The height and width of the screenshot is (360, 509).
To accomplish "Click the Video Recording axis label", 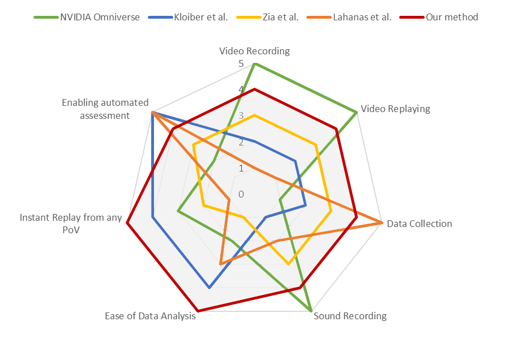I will (254, 51).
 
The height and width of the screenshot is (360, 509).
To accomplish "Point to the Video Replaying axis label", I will (395, 109).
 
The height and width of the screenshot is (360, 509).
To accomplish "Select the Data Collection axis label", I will (419, 224).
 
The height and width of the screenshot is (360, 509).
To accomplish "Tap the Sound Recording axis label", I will (350, 316).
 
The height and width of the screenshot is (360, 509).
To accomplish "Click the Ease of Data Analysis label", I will (150, 316).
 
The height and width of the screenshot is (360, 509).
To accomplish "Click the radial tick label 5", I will (241, 64).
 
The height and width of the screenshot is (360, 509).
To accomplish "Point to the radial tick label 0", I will (241, 195).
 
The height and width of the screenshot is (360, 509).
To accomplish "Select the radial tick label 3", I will (241, 117).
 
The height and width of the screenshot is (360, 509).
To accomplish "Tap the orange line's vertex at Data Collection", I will (382, 223).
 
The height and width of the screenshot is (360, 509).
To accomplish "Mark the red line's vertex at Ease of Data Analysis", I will (198, 311).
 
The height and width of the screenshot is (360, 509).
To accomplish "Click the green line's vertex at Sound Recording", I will (311, 311).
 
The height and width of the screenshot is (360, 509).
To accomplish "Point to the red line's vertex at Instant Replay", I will (127, 223).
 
